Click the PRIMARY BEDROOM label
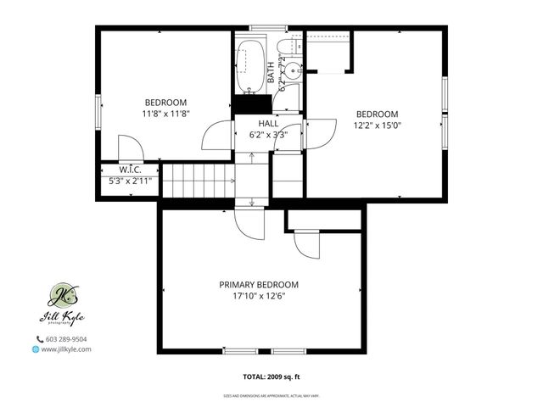[x=259, y=285]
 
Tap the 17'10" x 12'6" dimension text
[x=259, y=296]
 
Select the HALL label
[x=268, y=123]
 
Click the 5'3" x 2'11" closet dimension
[x=130, y=180]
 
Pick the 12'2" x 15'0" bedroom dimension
[x=377, y=125]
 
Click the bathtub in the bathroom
[x=250, y=67]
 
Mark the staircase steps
[x=197, y=180]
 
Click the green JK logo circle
[x=64, y=298]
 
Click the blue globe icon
[x=36, y=349]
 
